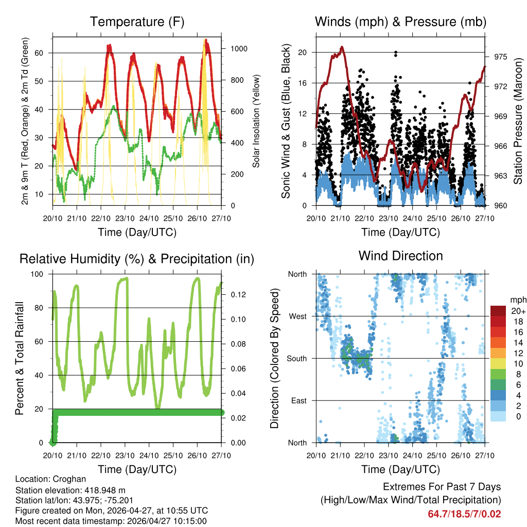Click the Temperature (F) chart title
click(137, 22)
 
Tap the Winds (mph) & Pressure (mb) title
click(400, 22)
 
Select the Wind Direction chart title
click(400, 256)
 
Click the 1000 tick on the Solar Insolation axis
click(239, 49)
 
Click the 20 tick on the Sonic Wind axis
click(303, 52)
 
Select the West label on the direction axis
click(298, 316)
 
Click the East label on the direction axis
click(299, 400)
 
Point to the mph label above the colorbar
click(518, 300)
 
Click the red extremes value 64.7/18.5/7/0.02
click(464, 514)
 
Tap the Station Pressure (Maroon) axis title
click(518, 121)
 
